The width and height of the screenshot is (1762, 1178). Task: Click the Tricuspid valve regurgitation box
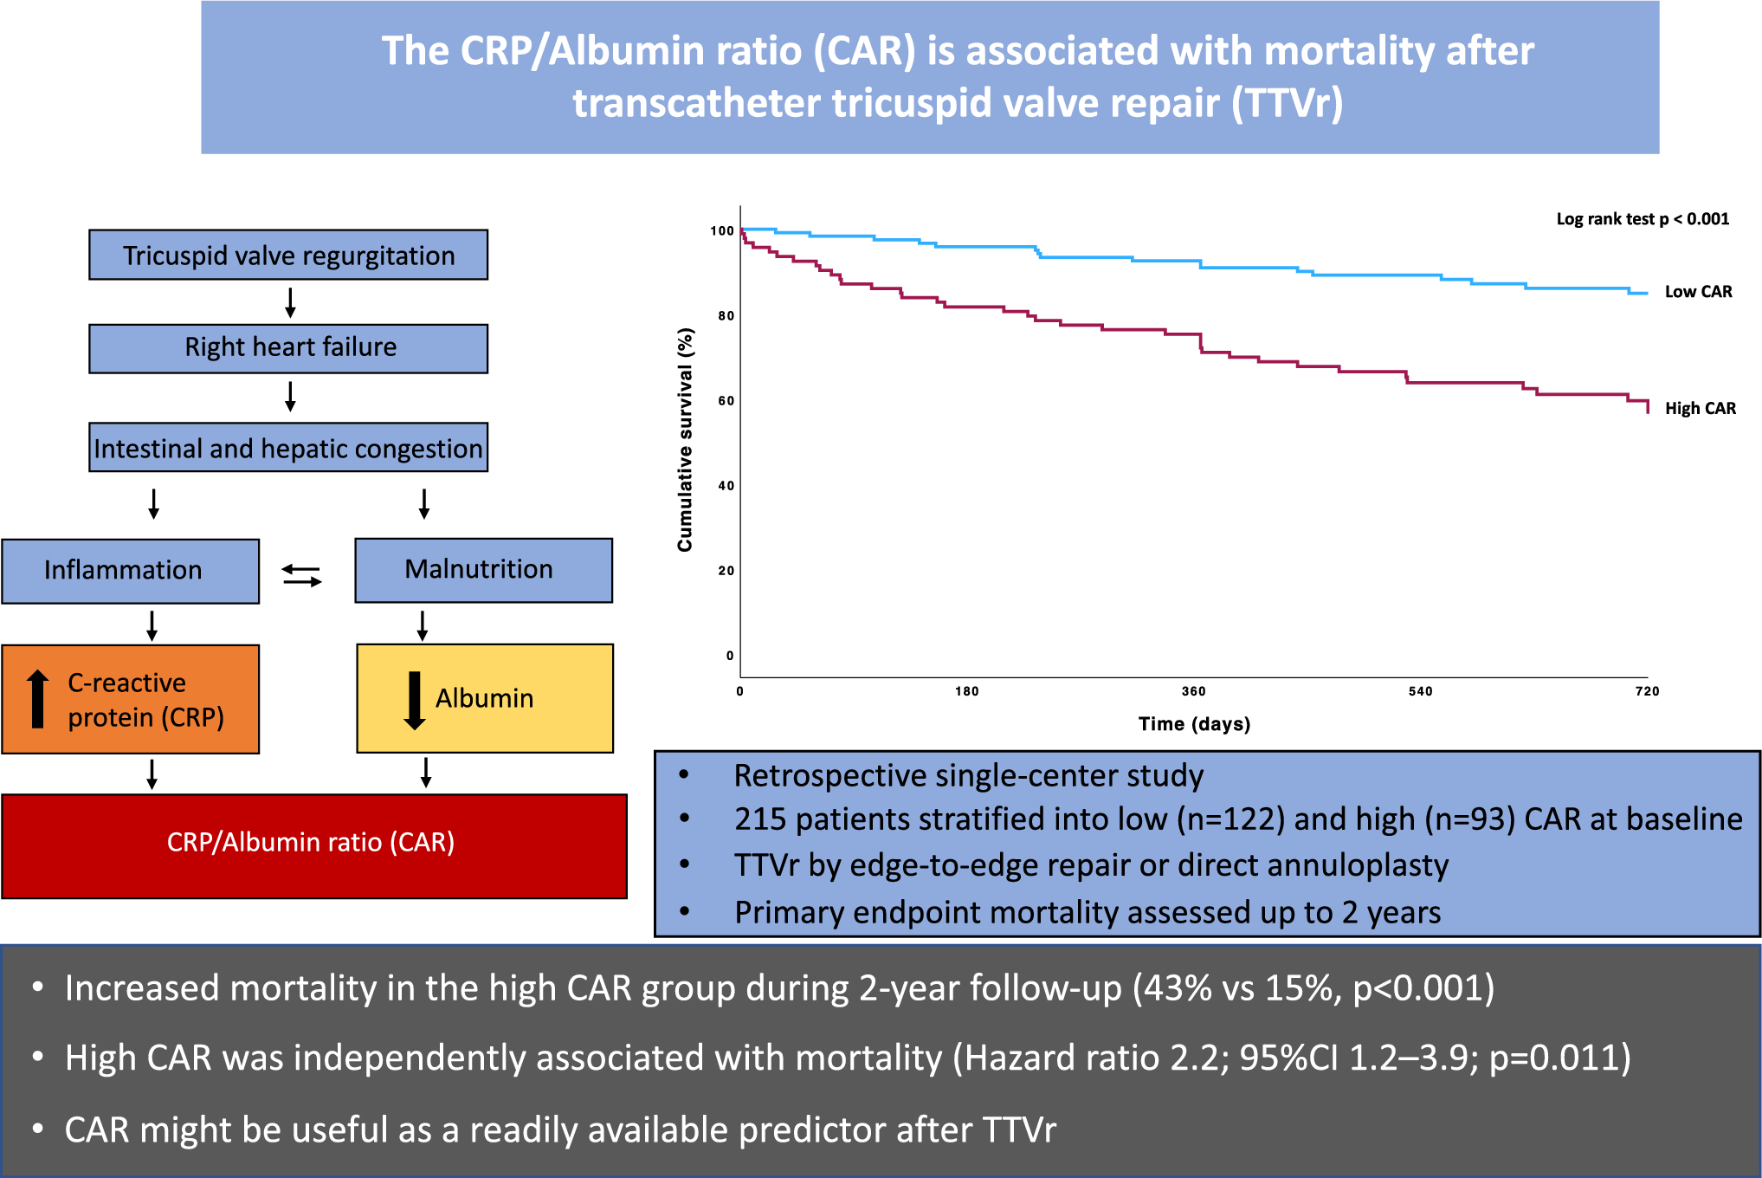tap(288, 255)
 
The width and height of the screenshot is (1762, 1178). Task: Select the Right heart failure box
tap(288, 348)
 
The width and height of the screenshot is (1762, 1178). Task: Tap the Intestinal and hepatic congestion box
tap(288, 448)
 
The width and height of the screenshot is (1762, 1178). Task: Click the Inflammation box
tap(131, 571)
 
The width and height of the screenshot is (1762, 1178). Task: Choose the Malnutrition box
tap(483, 570)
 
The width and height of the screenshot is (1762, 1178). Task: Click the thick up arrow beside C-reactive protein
tap(37, 698)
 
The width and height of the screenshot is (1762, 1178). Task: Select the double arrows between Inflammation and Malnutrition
tap(301, 575)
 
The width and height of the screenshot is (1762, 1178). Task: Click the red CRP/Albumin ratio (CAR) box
tap(313, 845)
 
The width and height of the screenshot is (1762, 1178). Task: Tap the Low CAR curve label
tap(1698, 292)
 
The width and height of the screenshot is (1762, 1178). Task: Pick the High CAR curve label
tap(1700, 408)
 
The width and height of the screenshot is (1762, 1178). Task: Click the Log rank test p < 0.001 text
tap(1643, 219)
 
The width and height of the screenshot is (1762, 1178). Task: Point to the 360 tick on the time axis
tap(1193, 691)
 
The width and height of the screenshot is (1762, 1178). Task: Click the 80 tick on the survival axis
tap(726, 316)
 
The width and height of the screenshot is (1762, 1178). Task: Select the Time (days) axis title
tap(1194, 724)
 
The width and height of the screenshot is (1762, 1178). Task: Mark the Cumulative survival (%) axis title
tap(685, 440)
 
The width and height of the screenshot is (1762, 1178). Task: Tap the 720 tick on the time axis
tap(1647, 691)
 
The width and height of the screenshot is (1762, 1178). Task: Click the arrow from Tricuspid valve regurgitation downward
tap(290, 302)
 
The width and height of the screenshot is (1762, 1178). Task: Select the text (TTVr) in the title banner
tap(1288, 103)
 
